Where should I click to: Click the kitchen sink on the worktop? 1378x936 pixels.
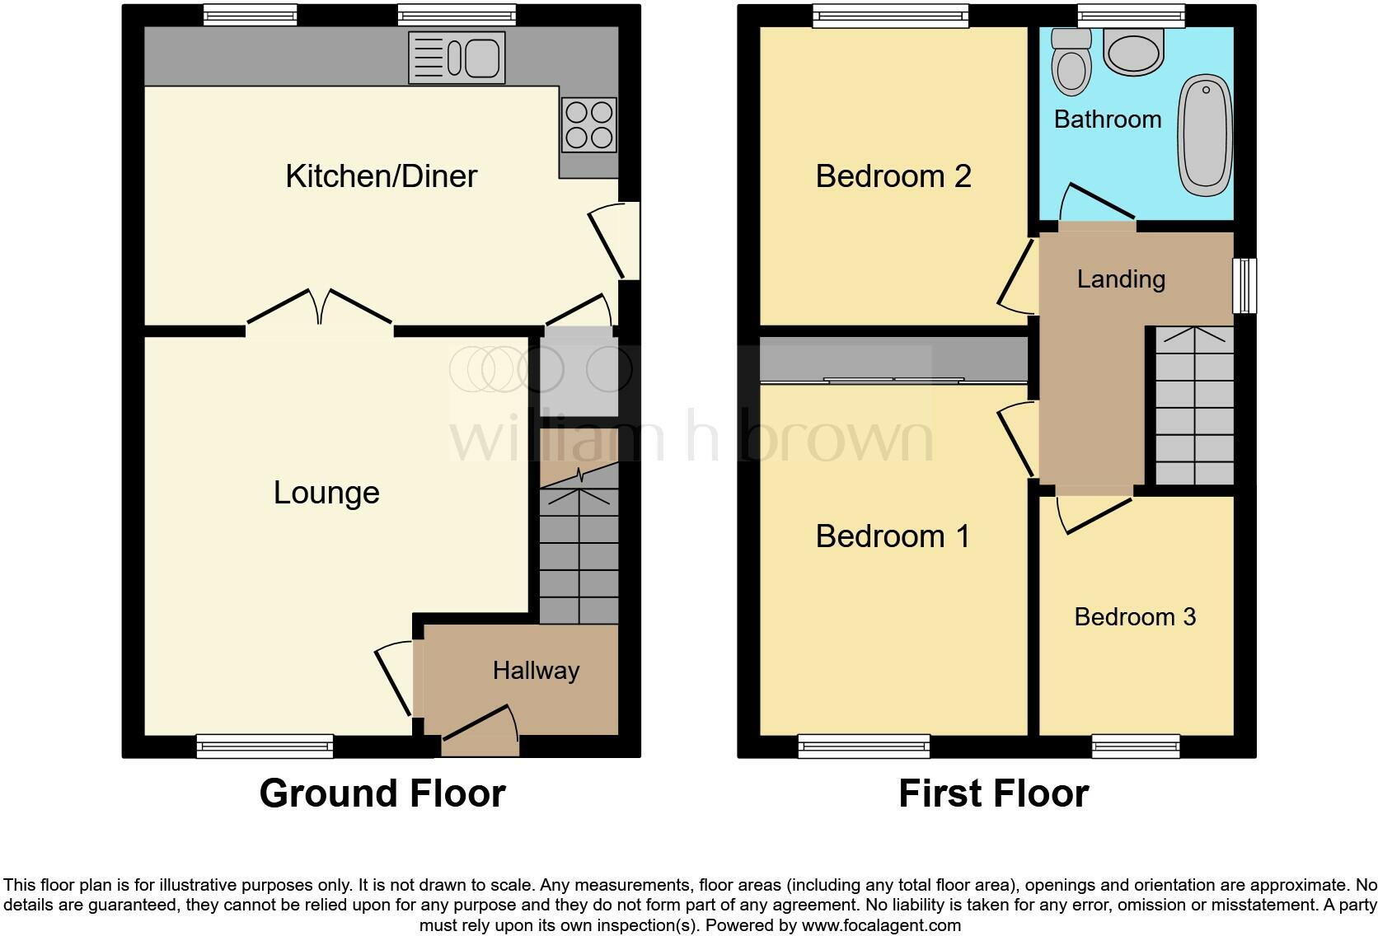(457, 58)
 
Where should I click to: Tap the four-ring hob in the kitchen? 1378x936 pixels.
(588, 125)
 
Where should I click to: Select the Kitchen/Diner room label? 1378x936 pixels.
(381, 176)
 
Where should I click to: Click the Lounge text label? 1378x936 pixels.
(326, 493)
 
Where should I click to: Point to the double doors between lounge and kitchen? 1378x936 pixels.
(319, 311)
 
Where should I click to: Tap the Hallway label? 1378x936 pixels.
(536, 671)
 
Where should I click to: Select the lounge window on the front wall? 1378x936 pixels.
(265, 746)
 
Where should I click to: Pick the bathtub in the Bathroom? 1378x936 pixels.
(1206, 136)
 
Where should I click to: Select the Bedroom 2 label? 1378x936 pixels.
(893, 176)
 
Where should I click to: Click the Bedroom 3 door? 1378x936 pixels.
(1094, 510)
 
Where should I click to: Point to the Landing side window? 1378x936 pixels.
(1244, 286)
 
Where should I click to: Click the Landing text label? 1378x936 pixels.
(1121, 279)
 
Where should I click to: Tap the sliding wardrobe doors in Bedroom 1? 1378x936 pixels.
(894, 381)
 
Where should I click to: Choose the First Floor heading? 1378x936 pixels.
(993, 793)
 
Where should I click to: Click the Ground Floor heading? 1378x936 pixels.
(382, 793)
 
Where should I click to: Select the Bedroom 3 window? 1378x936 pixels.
(1136, 746)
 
